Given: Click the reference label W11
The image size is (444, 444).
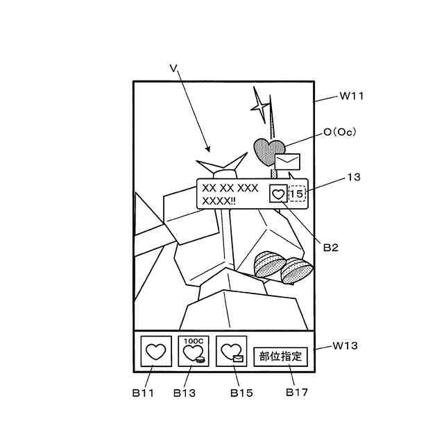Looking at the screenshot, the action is click(352, 97).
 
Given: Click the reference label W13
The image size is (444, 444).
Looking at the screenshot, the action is click(345, 345).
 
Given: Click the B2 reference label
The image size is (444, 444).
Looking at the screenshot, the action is click(330, 247).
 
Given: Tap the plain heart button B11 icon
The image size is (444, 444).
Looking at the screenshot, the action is click(157, 352).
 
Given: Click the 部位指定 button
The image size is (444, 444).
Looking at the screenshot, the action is click(280, 357).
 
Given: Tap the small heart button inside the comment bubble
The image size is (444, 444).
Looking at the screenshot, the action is click(277, 194).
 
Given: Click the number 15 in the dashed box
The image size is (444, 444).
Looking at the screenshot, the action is click(297, 194).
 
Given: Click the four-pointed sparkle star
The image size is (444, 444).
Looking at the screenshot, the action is click(260, 106).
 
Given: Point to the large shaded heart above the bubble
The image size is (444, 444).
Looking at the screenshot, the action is click(268, 151).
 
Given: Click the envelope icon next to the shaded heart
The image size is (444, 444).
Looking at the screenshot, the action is click(288, 162).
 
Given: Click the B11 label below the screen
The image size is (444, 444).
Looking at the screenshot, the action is click(144, 393).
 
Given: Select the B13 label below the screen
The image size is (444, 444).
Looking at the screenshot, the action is click(185, 393).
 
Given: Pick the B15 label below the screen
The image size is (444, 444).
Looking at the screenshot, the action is click(241, 393).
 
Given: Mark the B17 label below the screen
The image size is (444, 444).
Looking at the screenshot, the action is click(297, 392).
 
